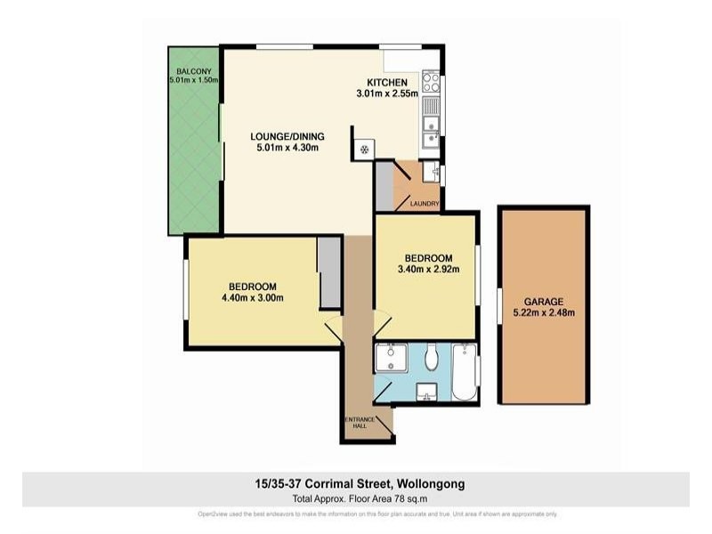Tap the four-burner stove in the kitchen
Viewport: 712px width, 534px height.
click(431, 83)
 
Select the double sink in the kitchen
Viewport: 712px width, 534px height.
click(431, 130)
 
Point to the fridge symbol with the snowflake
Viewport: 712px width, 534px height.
click(363, 149)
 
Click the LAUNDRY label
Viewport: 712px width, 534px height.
click(424, 204)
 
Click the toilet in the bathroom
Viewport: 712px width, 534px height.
click(432, 358)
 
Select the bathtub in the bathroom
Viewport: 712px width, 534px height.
click(465, 371)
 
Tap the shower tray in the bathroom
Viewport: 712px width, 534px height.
click(389, 358)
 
